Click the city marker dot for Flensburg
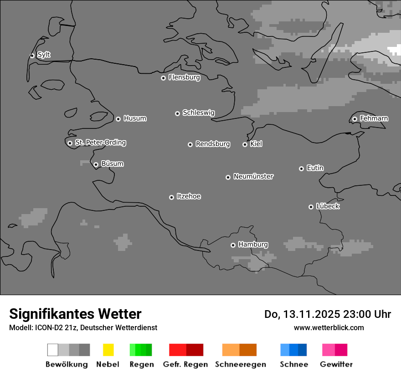[163, 78]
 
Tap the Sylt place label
[44, 55]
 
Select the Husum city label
[135, 118]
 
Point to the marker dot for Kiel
[245, 144]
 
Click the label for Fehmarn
[374, 118]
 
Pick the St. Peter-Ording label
[100, 143]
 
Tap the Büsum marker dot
[96, 164]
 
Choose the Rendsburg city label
[213, 144]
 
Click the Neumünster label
[253, 176]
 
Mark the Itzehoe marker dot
[171, 197]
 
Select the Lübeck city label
[328, 206]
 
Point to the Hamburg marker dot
[233, 245]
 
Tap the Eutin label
[315, 168]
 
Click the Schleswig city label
[198, 112]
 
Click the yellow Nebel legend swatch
[108, 350]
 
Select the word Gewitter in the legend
[336, 364]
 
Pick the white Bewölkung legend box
[53, 350]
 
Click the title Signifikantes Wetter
[75, 314]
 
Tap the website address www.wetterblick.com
[329, 327]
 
